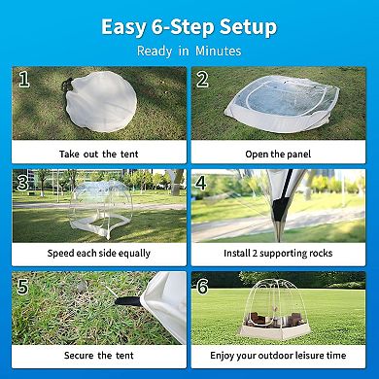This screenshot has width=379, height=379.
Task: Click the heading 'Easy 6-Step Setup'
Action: click(x=189, y=24)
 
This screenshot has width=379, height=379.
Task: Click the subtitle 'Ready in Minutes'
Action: click(x=189, y=51)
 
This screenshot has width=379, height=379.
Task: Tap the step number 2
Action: click(x=202, y=80)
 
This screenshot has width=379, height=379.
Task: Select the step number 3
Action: click(x=22, y=182)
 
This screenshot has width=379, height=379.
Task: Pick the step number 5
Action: click(x=22, y=285)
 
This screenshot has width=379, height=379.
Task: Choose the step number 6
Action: click(x=202, y=286)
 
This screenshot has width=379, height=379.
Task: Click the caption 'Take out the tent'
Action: click(x=99, y=154)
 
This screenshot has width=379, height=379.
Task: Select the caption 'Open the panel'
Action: click(x=278, y=154)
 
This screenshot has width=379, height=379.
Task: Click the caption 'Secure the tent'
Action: click(x=99, y=356)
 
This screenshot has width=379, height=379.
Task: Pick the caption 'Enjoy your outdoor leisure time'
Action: click(x=278, y=356)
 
